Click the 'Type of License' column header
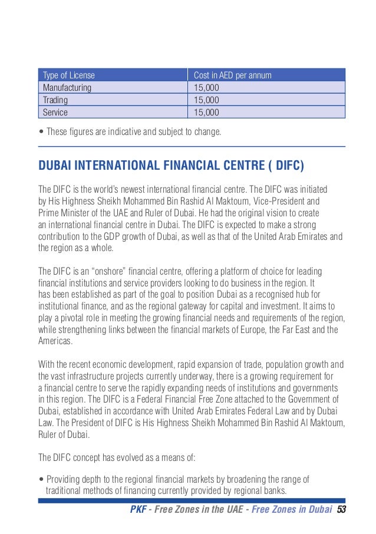coord(69,75)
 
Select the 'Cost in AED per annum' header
coord(233,75)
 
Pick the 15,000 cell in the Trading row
coord(207,100)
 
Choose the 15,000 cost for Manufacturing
coord(207,88)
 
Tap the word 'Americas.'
coord(57,341)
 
